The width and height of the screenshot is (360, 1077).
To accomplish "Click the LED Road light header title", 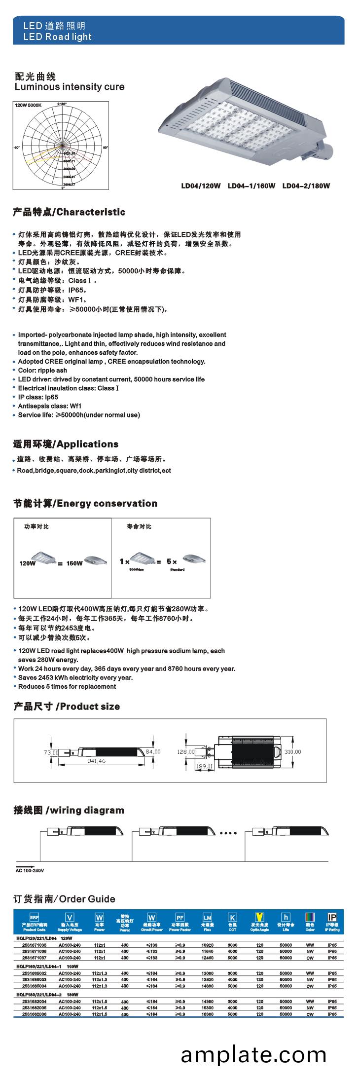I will [57, 37].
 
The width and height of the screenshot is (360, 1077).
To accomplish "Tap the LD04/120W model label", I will [201, 186].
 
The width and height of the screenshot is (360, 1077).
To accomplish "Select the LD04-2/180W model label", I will [306, 186].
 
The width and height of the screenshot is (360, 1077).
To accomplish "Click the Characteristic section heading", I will [69, 212].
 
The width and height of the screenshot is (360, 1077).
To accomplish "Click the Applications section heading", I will [66, 444].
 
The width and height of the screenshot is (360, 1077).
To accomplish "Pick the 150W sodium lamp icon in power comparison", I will [96, 560].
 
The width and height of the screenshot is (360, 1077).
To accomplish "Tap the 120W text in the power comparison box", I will [27, 563].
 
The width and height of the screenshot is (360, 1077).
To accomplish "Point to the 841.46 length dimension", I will [96, 761].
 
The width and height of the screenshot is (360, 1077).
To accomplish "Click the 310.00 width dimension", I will [292, 752].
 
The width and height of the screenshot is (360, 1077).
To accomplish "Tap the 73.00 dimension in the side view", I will [51, 752].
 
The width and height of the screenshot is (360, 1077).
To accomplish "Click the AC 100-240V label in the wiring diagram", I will [30, 871].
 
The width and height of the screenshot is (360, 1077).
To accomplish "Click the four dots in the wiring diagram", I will [228, 833].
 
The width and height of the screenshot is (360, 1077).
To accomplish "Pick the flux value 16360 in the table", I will [207, 1014].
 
